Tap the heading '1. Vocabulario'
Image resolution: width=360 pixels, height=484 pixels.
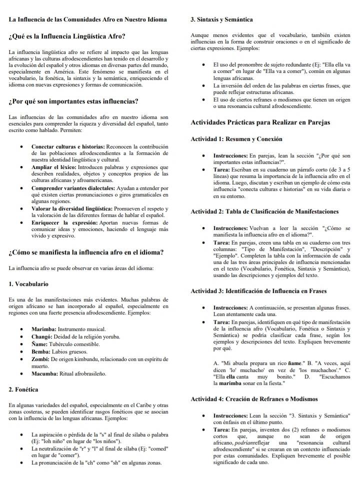28,284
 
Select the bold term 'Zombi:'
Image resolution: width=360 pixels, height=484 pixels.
41,359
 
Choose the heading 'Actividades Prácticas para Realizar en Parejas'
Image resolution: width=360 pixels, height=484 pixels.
260,122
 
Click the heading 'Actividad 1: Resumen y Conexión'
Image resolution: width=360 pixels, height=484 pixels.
236,138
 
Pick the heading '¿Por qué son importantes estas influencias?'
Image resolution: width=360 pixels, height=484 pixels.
73,102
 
